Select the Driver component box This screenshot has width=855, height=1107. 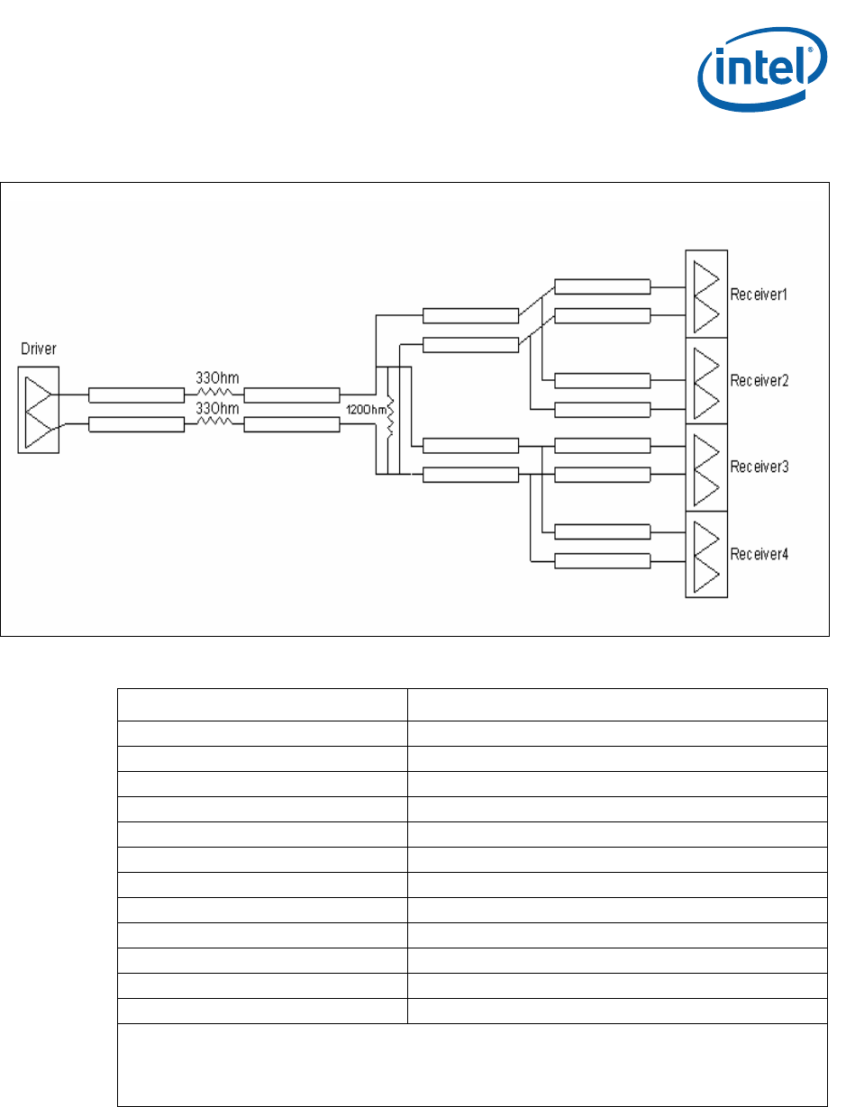pos(37,409)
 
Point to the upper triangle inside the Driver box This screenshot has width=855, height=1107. pos(37,394)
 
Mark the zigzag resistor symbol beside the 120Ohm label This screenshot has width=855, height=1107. pos(390,417)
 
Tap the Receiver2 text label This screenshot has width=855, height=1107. pos(759,380)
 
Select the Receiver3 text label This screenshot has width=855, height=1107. pos(759,467)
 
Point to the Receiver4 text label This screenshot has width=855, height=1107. pos(759,553)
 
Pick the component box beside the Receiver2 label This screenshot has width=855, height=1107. pos(705,380)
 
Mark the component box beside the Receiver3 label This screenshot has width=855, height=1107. pos(705,467)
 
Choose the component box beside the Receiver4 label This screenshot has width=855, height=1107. pos(705,553)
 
